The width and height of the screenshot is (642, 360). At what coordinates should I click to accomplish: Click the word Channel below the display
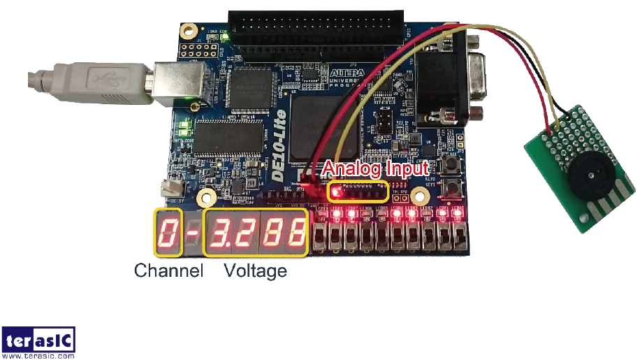coord(168,271)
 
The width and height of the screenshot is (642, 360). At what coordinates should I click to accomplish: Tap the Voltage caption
coord(255,271)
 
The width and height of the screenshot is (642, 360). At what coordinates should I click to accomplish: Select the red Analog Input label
coord(377,168)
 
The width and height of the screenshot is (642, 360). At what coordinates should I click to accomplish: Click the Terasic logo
coord(38,340)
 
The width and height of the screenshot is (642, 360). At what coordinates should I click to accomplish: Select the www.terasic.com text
coord(38,356)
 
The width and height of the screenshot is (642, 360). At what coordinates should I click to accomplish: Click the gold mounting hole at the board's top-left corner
coord(188,31)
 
